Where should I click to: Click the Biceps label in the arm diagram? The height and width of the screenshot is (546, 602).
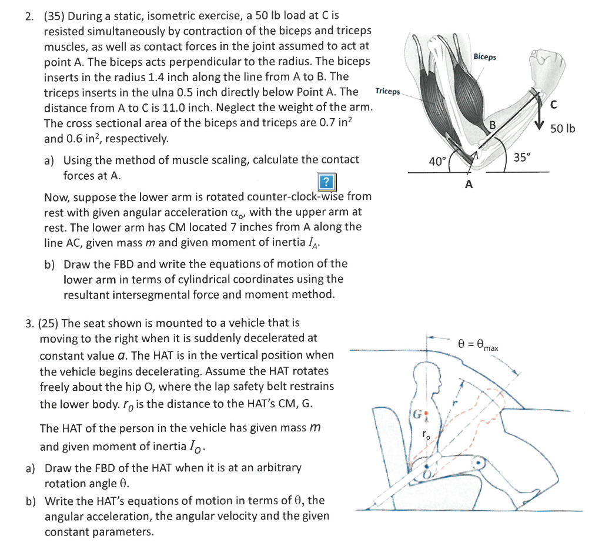coord(484,57)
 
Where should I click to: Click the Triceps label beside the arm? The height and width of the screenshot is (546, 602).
coord(387,92)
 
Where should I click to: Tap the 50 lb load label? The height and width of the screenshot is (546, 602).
coord(563,128)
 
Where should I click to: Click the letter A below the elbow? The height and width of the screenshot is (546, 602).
coord(468,185)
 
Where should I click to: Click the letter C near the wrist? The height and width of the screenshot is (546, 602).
coord(551,106)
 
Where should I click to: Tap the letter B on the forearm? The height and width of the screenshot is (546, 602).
coord(493,125)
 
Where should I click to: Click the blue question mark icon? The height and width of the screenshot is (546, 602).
coord(326,181)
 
